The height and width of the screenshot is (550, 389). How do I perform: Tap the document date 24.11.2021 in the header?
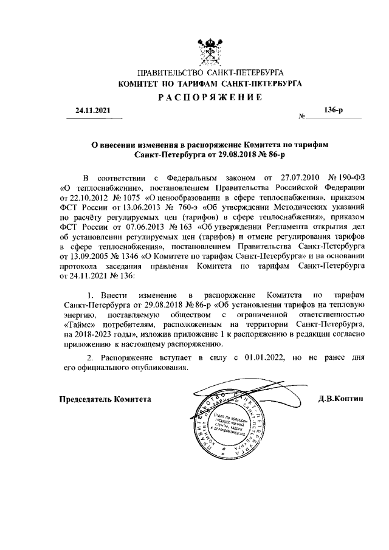pos(94,111)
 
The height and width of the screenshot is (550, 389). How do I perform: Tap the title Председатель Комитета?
pos(105,399)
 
